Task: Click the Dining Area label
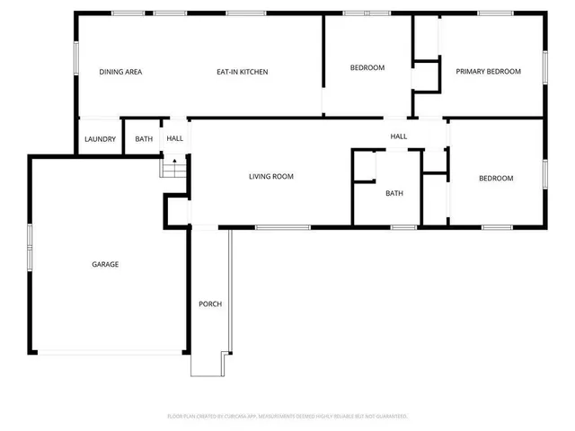(x=120, y=72)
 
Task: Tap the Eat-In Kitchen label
(x=243, y=72)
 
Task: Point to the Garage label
(x=105, y=264)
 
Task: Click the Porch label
(x=209, y=303)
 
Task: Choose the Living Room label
(x=271, y=177)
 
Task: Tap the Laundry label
(x=98, y=139)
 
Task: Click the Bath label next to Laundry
(x=144, y=139)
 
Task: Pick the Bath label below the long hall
(x=394, y=193)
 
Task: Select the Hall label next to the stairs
(x=174, y=139)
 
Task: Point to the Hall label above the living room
(x=399, y=136)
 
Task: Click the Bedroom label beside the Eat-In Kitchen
(x=367, y=68)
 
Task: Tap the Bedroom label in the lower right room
(x=496, y=179)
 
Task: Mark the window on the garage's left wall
(x=30, y=241)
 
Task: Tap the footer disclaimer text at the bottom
(x=287, y=417)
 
